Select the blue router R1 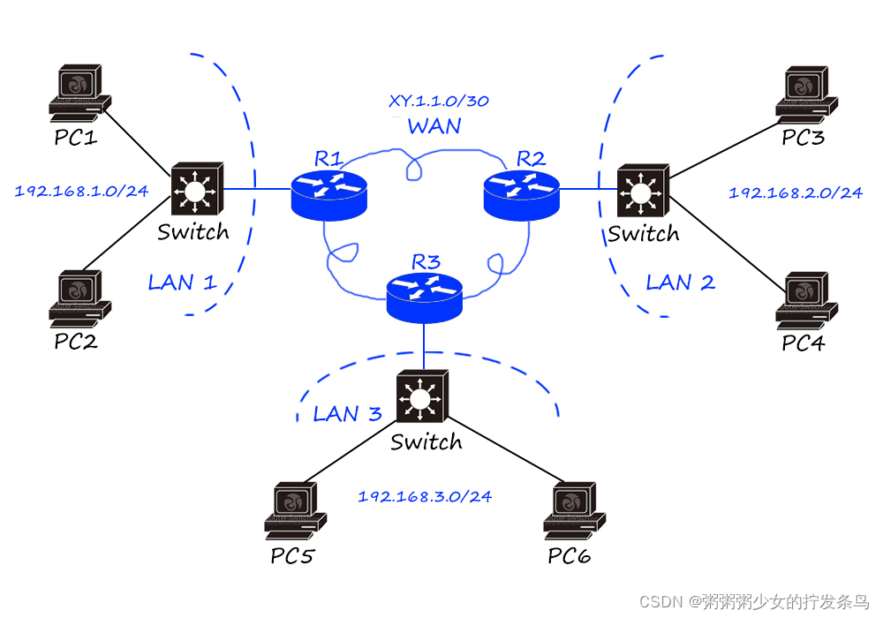[x=328, y=193]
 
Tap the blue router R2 [x=522, y=193]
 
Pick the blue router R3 [x=425, y=295]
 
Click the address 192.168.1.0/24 [x=81, y=190]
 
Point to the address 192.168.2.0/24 [x=796, y=192]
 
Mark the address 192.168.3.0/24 [x=425, y=496]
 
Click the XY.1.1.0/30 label [x=439, y=101]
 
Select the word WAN [x=434, y=126]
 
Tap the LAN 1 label [x=182, y=283]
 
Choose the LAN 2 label [x=680, y=283]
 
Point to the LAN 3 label [x=347, y=414]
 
